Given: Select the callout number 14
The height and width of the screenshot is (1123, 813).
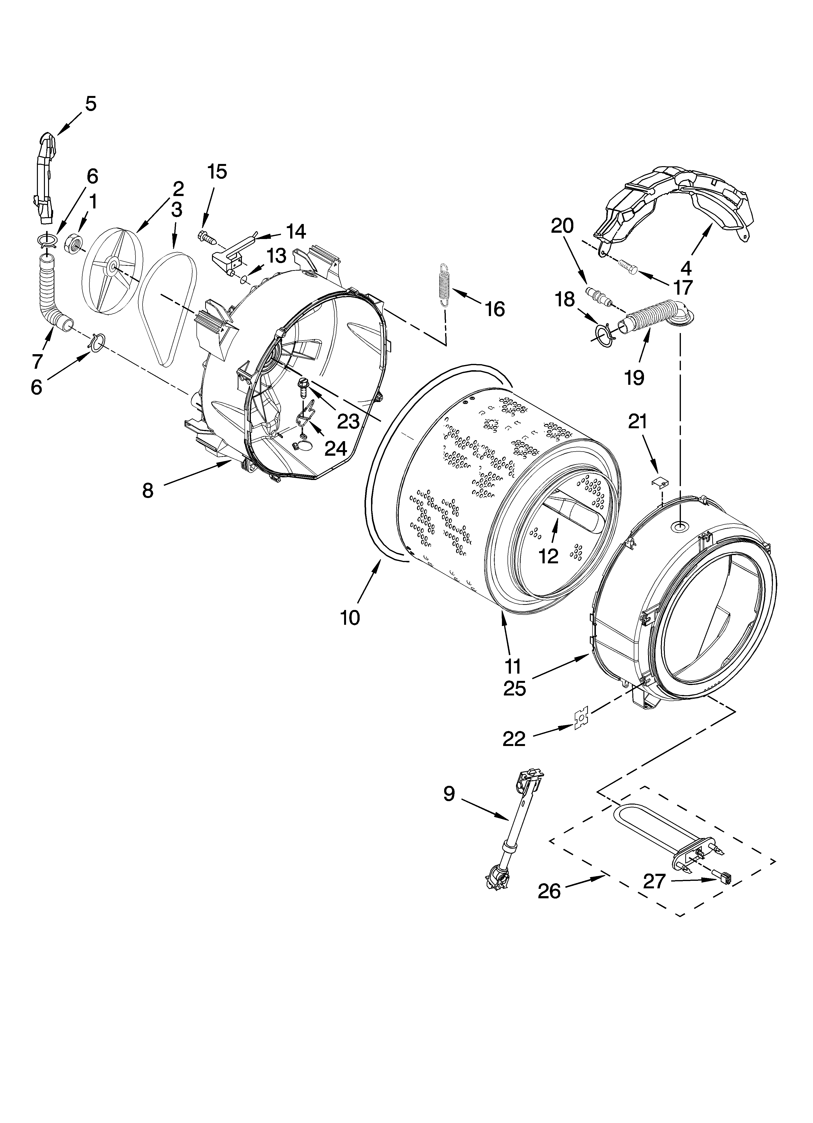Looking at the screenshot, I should (x=296, y=232).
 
